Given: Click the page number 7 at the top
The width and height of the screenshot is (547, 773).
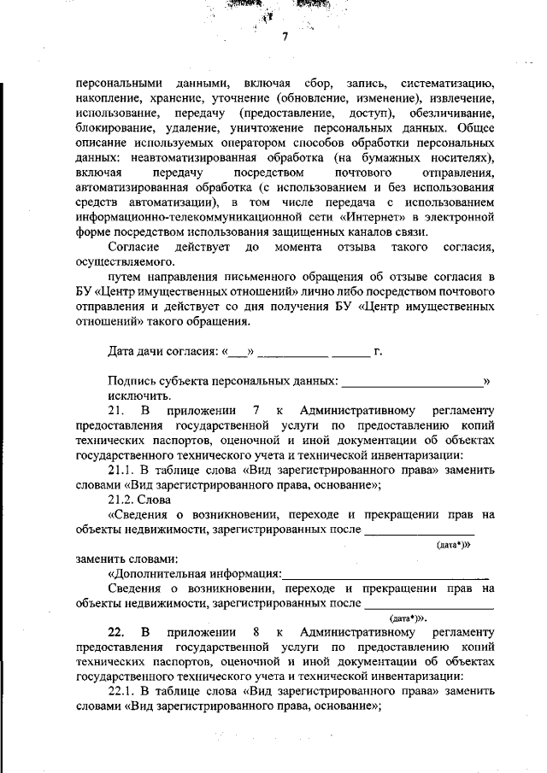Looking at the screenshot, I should pos(285,37).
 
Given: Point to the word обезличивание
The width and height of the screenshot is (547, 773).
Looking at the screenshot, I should pos(450,113).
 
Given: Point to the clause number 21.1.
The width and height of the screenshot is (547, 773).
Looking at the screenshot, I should pos(123,471).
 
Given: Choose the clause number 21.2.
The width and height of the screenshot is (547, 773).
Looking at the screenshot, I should pos(123,499).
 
